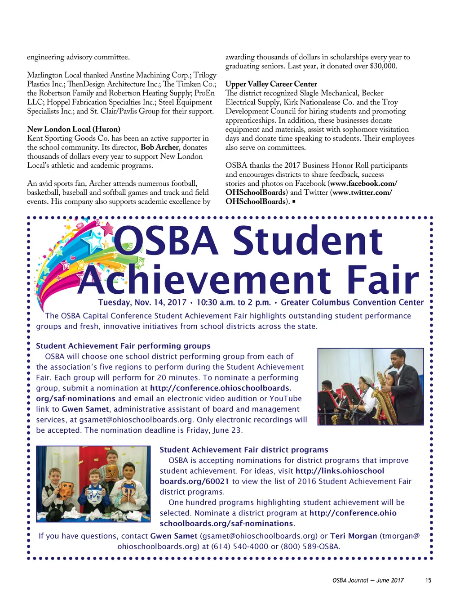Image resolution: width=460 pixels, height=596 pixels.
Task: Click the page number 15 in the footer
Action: (x=428, y=580)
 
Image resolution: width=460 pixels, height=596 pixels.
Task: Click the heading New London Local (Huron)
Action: (x=74, y=129)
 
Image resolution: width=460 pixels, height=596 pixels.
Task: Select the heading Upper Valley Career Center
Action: (x=271, y=84)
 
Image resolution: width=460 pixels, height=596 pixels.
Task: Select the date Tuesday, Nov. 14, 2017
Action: (x=142, y=302)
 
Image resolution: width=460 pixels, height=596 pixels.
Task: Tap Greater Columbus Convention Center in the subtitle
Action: (x=352, y=302)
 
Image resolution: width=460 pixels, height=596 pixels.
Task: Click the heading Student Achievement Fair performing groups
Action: (x=123, y=346)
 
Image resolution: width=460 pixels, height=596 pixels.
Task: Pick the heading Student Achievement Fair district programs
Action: (x=244, y=450)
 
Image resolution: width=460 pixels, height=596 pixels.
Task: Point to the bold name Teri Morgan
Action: (x=354, y=536)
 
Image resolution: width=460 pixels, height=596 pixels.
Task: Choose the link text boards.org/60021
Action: (x=195, y=481)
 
